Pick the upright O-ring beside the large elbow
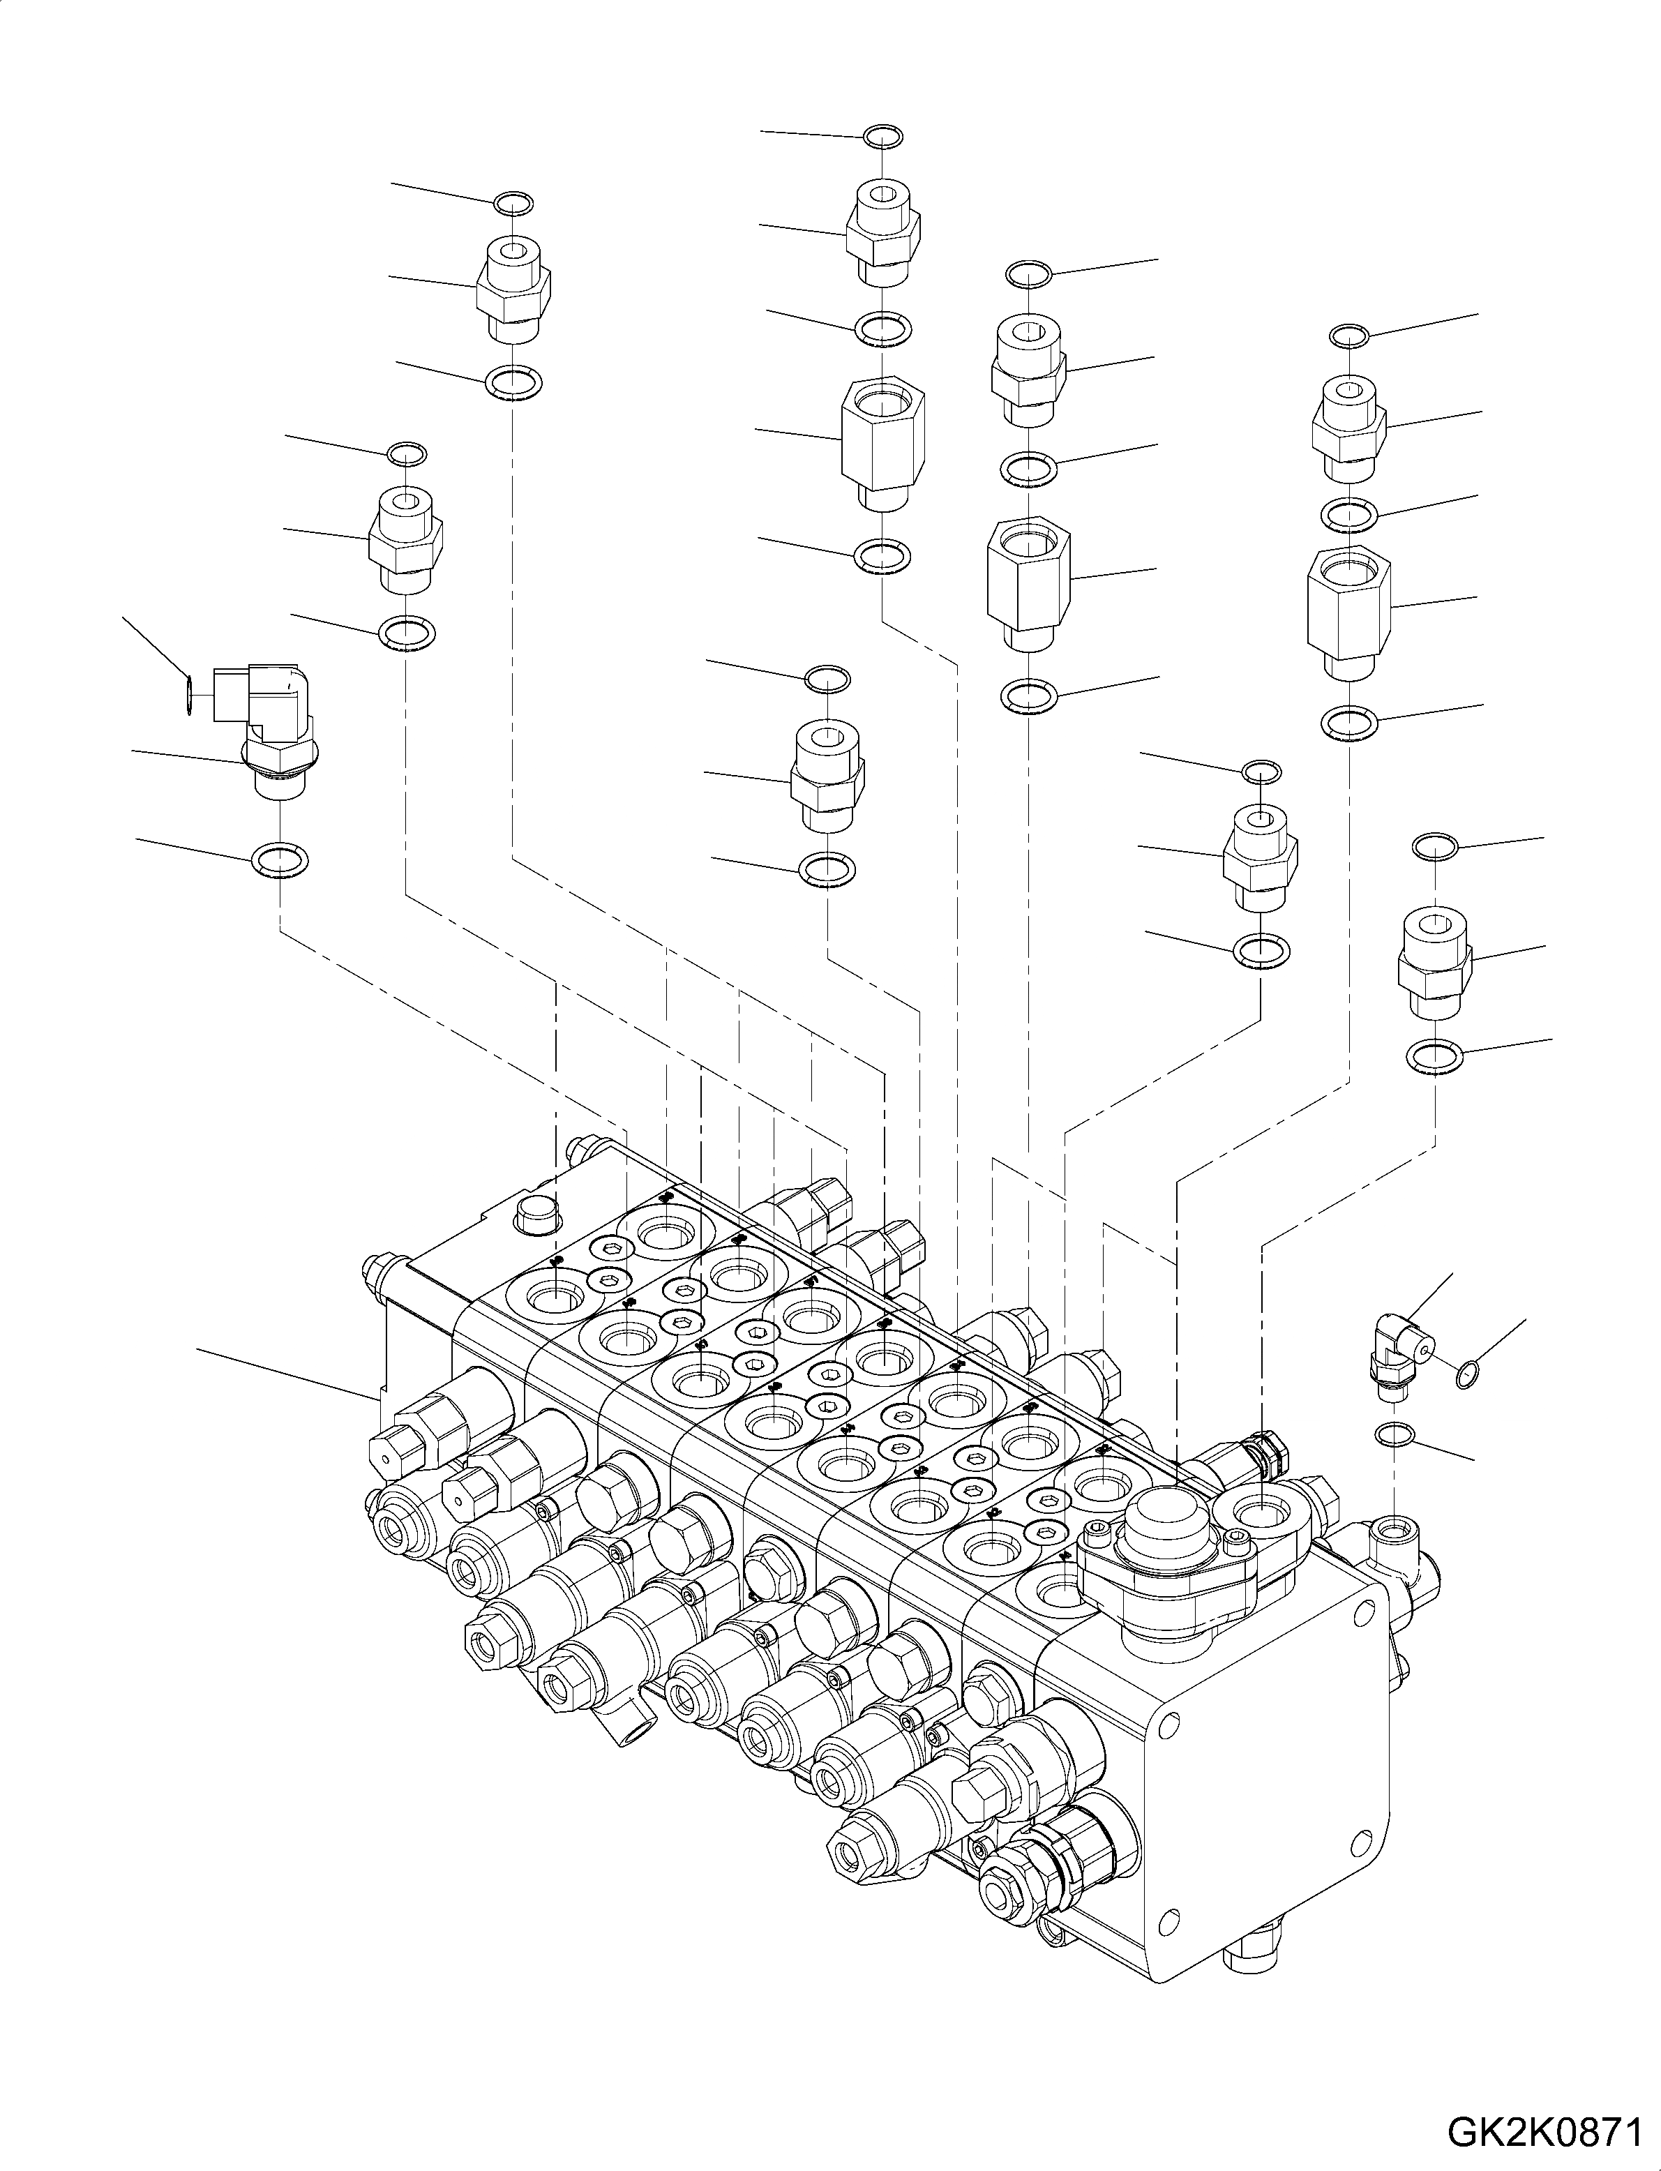pos(188,693)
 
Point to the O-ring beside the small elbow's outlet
pos(1468,1372)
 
